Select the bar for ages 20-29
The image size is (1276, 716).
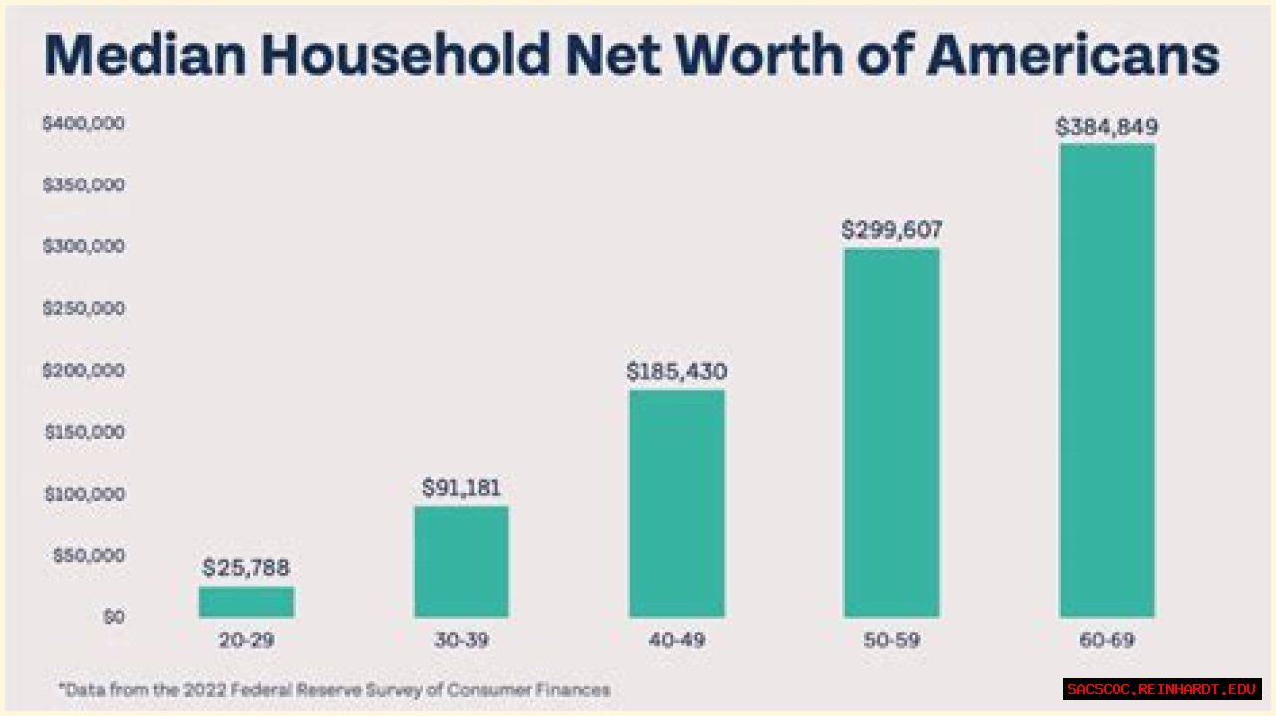click(x=246, y=602)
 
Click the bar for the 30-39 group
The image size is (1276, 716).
click(x=461, y=561)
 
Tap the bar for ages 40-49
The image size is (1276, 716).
click(x=676, y=504)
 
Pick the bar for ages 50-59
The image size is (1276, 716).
click(x=891, y=434)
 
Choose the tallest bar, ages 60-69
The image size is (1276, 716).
click(x=1107, y=381)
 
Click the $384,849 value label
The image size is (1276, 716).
click(x=1107, y=127)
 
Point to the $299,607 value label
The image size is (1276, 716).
click(x=891, y=230)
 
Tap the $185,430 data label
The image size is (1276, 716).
click(x=676, y=372)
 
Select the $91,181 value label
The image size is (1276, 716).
click(x=461, y=488)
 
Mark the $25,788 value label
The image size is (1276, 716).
click(x=246, y=568)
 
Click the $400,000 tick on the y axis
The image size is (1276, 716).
click(x=83, y=123)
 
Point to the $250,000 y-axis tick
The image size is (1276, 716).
click(x=83, y=308)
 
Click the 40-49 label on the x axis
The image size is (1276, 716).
click(x=676, y=640)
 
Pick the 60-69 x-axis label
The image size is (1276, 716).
click(x=1107, y=640)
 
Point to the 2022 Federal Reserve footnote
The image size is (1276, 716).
click(x=334, y=689)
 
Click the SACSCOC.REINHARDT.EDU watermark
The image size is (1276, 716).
click(x=1161, y=689)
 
